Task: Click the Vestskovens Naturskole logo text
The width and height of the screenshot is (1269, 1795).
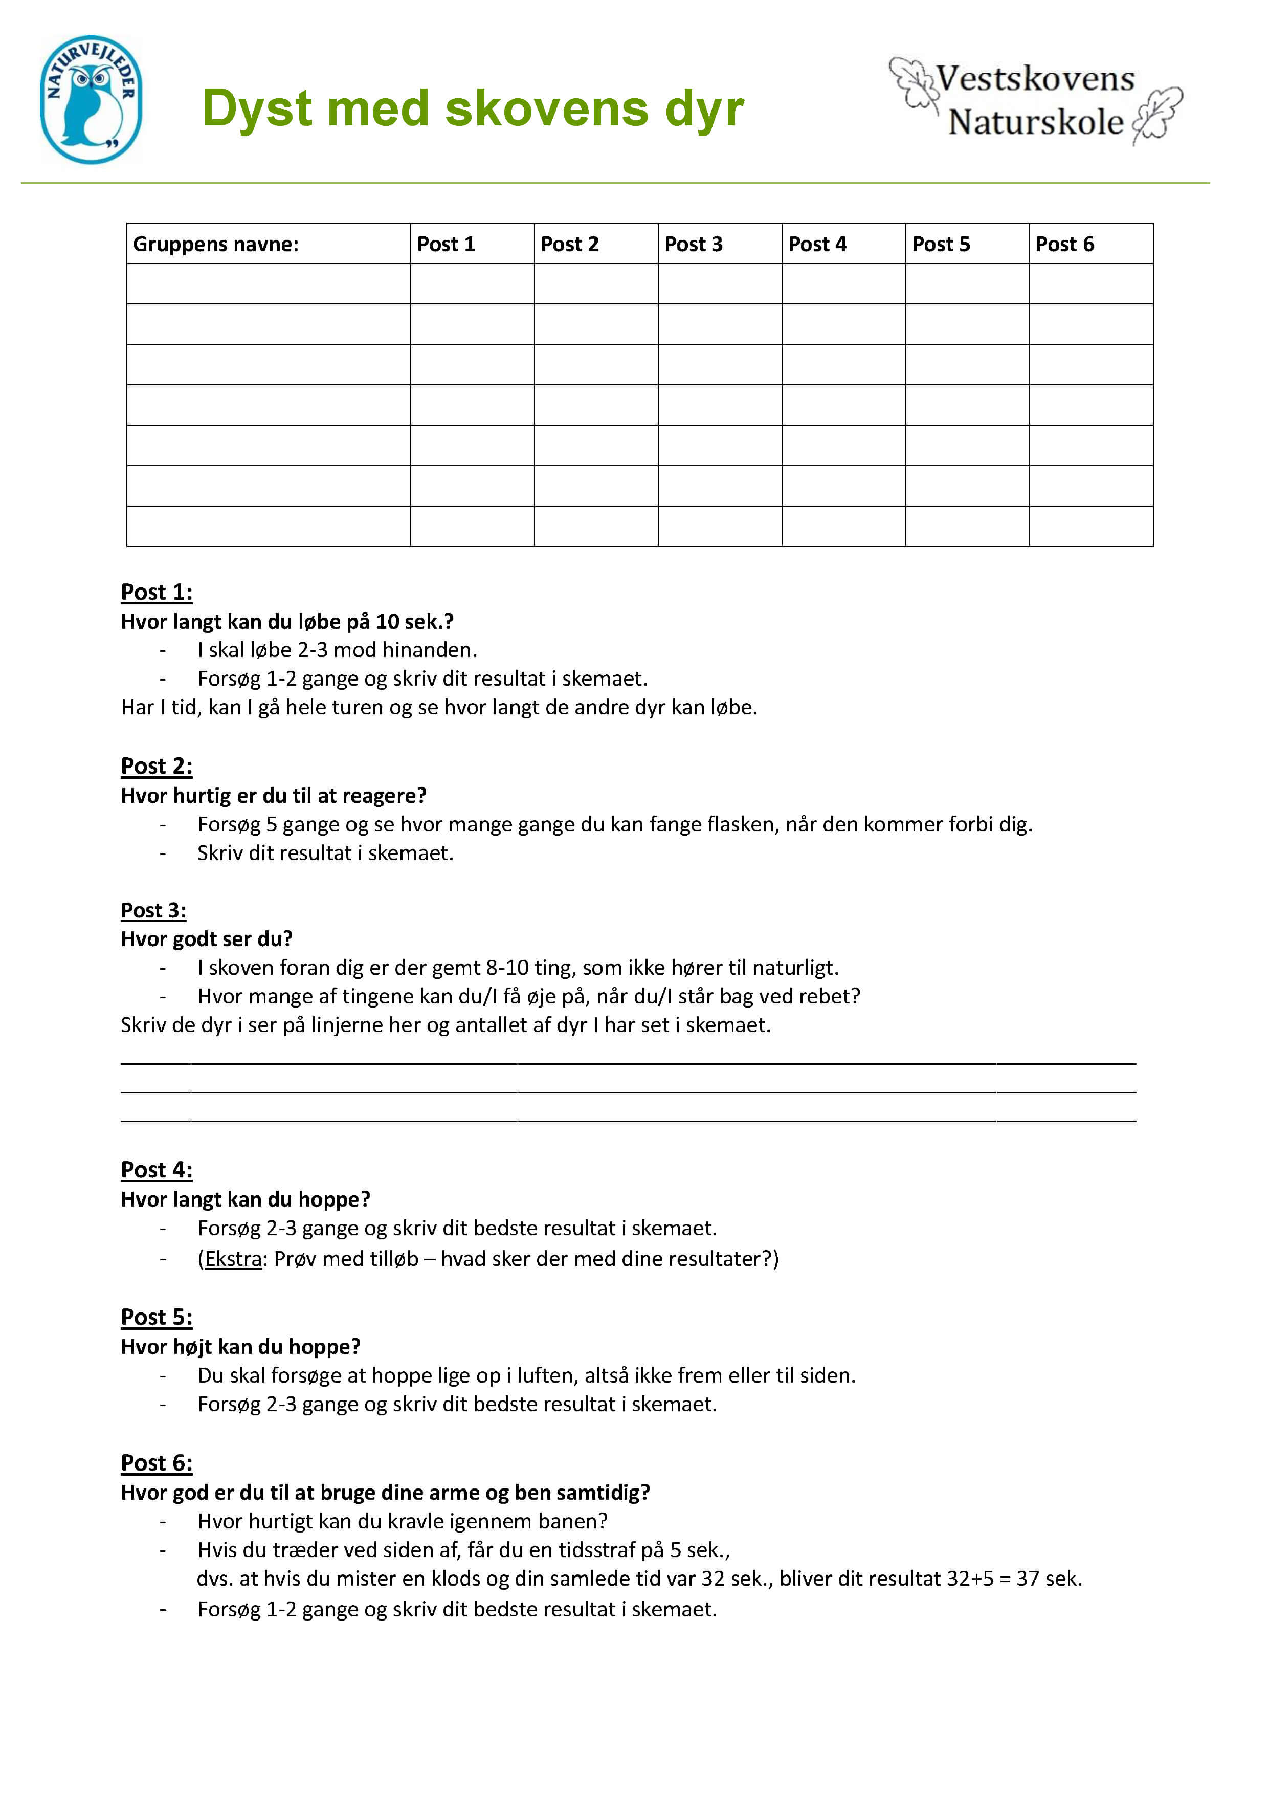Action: pyautogui.click(x=1035, y=100)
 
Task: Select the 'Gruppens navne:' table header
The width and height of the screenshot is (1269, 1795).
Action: pyautogui.click(x=216, y=245)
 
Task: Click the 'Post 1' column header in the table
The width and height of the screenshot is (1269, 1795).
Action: pyautogui.click(x=446, y=245)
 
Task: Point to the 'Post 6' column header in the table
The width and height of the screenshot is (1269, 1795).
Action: pyautogui.click(x=1064, y=245)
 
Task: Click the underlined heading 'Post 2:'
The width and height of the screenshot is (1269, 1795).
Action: pyautogui.click(x=157, y=766)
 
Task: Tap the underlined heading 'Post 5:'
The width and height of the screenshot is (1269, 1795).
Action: pyautogui.click(x=157, y=1317)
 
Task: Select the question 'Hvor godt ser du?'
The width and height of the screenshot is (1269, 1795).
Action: pyautogui.click(x=206, y=939)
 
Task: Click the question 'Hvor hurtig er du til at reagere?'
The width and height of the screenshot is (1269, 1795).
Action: pyautogui.click(x=274, y=796)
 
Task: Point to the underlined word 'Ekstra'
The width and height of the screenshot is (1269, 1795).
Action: pyautogui.click(x=233, y=1259)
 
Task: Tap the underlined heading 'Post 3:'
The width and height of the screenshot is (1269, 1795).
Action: pyautogui.click(x=153, y=911)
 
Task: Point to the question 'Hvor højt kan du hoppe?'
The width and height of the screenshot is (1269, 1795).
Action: pyautogui.click(x=241, y=1347)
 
